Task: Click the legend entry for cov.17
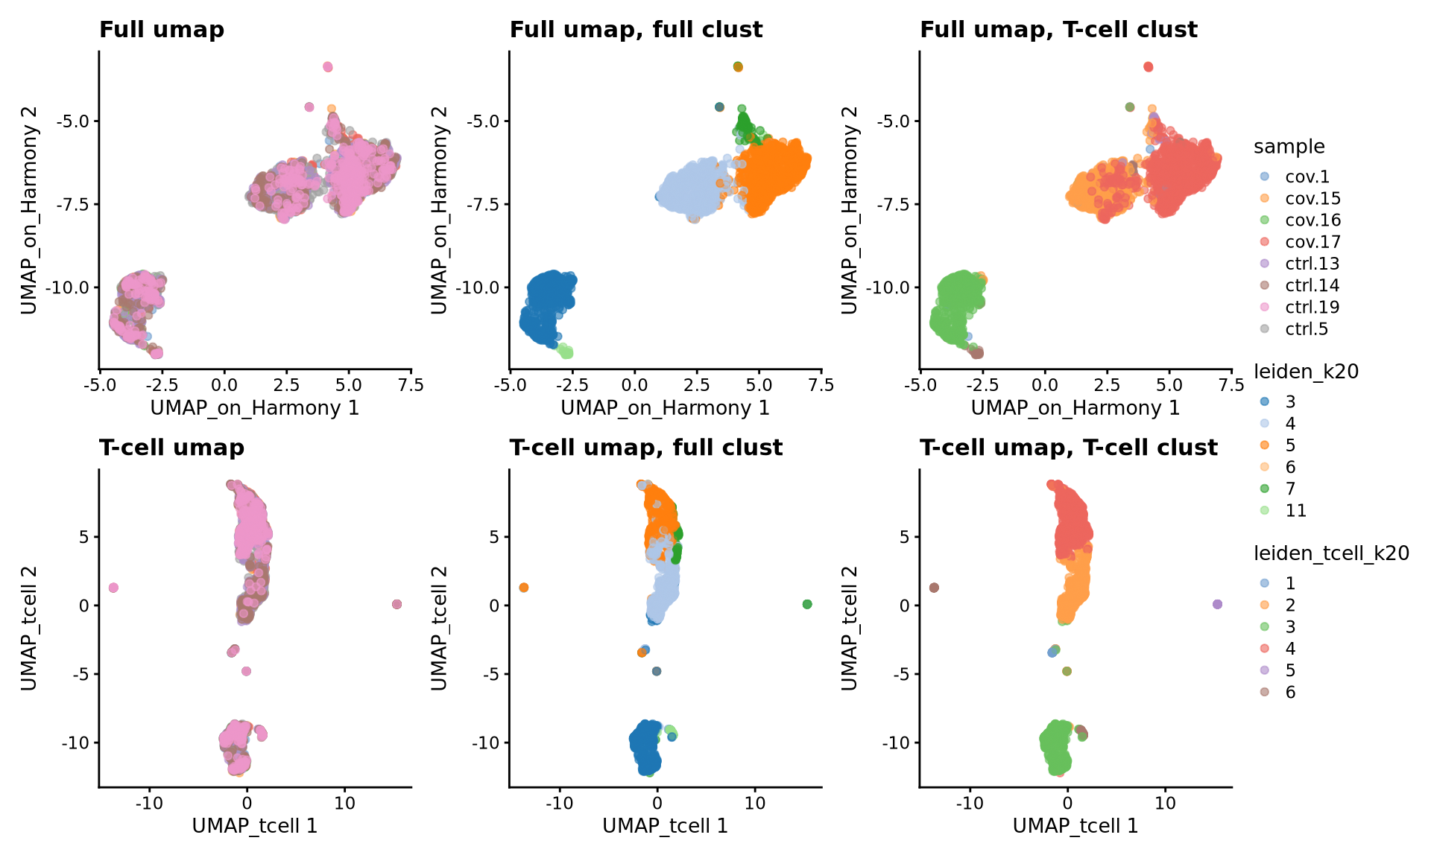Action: tap(1312, 242)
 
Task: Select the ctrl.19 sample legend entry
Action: tap(1312, 307)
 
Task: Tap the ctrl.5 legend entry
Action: tap(1306, 328)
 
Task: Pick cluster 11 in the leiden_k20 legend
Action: tap(1295, 510)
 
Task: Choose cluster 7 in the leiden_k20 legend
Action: tap(1289, 489)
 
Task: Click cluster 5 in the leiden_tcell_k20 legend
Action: tap(1289, 670)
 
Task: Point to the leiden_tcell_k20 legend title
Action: tap(1331, 553)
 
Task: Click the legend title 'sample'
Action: tap(1289, 147)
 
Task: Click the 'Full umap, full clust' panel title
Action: tap(636, 30)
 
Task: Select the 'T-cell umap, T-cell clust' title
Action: tap(1068, 448)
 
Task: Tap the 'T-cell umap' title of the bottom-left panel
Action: tap(171, 448)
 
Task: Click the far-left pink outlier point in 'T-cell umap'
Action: tap(113, 588)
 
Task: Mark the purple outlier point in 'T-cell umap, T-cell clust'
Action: tap(1217, 604)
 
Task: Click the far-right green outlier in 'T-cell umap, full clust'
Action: tap(806, 604)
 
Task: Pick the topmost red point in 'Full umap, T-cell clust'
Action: tap(1148, 67)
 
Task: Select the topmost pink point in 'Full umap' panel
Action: tap(328, 67)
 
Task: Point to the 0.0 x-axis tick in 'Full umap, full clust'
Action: tap(634, 385)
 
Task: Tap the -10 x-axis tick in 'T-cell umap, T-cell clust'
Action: tap(970, 803)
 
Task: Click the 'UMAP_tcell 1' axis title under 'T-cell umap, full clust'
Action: tap(665, 826)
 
